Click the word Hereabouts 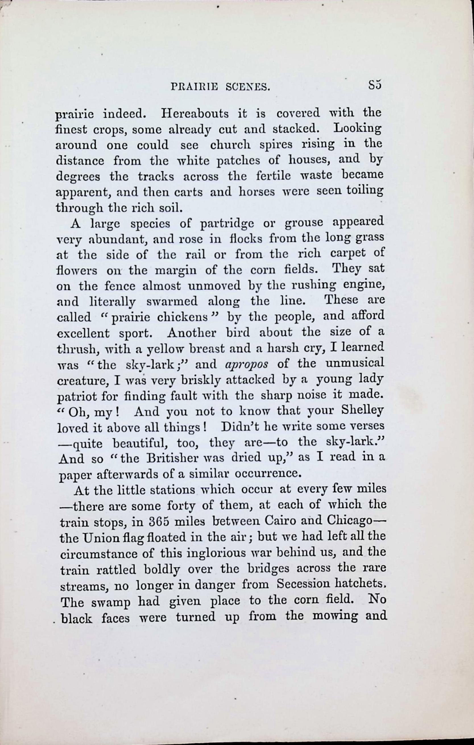coord(194,114)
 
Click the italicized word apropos coord(246,365)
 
